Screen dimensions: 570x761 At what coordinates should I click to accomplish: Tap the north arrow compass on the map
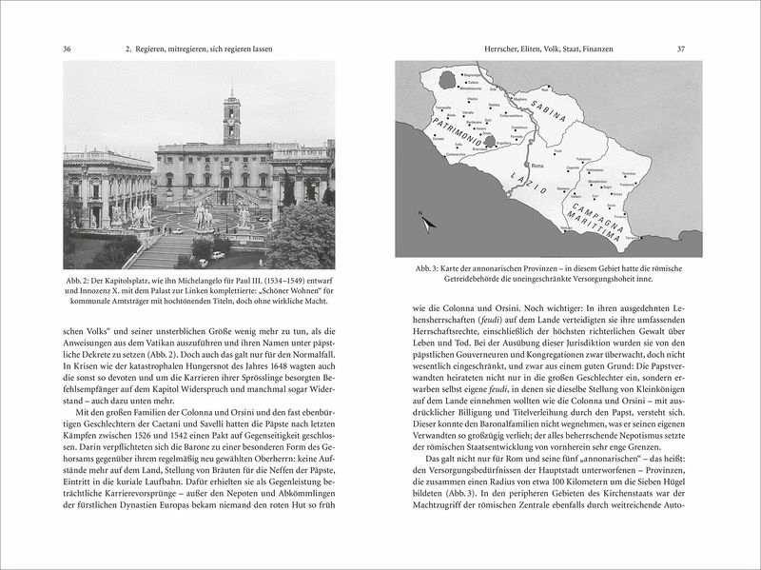(425, 222)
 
